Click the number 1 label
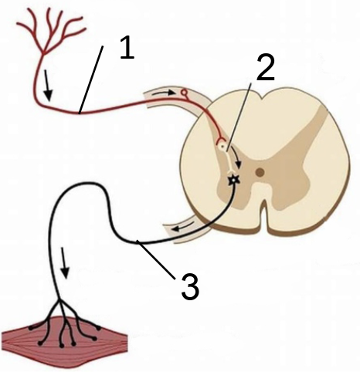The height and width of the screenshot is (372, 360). click(127, 48)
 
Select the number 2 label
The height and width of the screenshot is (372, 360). click(266, 68)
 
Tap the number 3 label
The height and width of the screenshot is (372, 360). click(190, 286)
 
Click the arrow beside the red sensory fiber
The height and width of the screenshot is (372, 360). click(47, 86)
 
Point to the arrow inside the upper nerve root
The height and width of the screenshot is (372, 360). click(164, 93)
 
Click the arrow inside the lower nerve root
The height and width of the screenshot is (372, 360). click(182, 226)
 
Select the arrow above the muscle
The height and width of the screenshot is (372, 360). click(64, 263)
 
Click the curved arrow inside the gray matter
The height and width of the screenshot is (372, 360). click(236, 157)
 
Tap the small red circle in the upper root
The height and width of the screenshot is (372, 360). click(184, 92)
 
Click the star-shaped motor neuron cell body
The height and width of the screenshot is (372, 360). click(234, 180)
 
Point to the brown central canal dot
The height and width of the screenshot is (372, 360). click(260, 171)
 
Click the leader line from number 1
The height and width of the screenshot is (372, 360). click(91, 79)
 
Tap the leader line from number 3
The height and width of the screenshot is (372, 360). click(155, 259)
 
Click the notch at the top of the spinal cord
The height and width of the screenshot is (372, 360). click(262, 97)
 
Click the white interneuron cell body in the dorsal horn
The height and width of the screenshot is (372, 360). click(222, 146)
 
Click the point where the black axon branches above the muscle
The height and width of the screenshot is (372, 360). click(60, 300)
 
